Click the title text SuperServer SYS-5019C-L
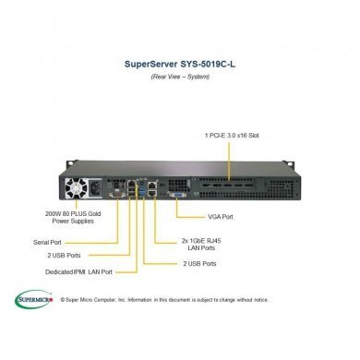180,66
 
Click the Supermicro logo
34,298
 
